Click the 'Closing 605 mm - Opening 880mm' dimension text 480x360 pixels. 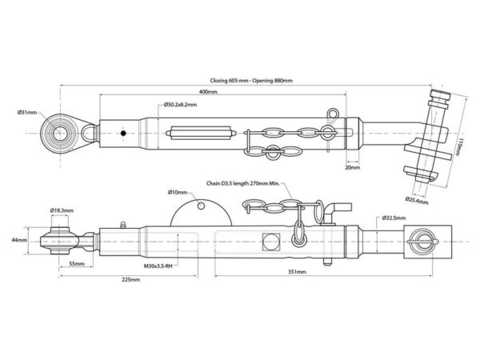coord(251,81)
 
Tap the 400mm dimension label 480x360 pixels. coord(208,91)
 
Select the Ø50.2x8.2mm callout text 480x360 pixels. coord(180,105)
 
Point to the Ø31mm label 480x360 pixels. coord(27,112)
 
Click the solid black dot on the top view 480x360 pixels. coord(123,133)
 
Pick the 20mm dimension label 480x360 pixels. coord(353,167)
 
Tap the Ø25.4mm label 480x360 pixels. coord(417,201)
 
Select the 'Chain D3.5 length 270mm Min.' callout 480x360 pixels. coord(242,183)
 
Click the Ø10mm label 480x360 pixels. coord(178,192)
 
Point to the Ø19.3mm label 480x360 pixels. coord(62,210)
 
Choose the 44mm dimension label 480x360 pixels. coord(19,240)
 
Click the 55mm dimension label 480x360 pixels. coord(77,263)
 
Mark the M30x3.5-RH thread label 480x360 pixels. coord(158,266)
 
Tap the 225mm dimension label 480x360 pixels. coord(131,279)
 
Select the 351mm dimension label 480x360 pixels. coord(297,271)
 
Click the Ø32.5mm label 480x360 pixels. coord(394,218)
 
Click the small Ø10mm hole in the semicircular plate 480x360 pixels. coord(201,206)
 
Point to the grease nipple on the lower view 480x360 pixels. coord(123,225)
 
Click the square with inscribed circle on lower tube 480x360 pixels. coord(271,242)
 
